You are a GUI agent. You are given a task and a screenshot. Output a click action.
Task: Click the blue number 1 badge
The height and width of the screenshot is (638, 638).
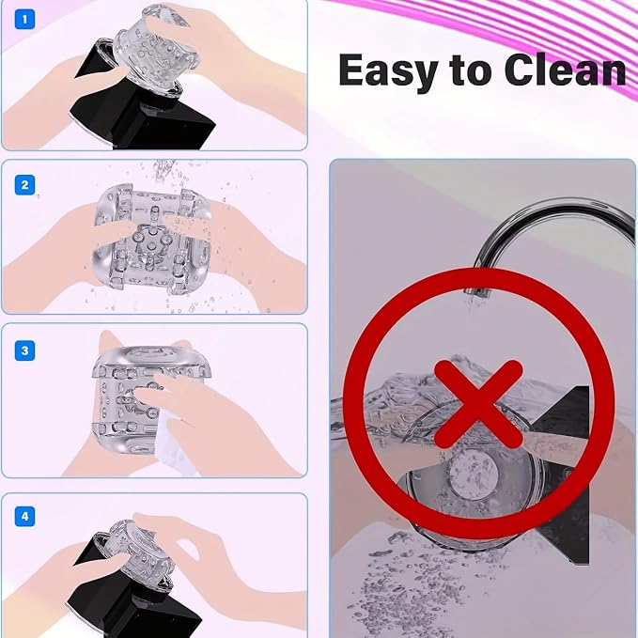24,19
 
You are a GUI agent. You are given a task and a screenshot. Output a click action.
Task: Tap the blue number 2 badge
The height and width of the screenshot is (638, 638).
24,185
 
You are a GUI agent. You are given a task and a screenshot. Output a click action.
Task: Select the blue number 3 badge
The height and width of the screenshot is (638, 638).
24,350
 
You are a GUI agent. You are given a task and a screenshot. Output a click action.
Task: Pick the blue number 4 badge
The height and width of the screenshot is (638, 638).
24,517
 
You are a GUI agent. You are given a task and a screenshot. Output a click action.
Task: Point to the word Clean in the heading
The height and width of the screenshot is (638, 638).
565,70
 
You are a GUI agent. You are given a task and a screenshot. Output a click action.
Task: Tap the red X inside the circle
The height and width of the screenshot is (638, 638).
478,404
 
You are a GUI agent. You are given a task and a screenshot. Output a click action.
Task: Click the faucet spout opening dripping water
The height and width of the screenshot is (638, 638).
476,292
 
